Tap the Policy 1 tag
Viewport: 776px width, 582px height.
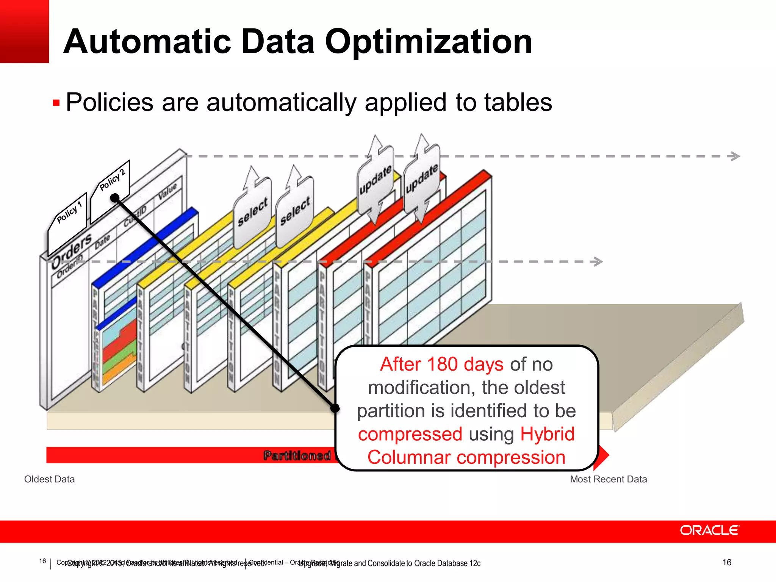[x=69, y=213]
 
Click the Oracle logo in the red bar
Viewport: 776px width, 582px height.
[x=709, y=530]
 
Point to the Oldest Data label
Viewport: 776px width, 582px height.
[x=49, y=479]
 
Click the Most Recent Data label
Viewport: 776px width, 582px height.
[x=608, y=479]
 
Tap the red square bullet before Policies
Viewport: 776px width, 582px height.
[x=56, y=103]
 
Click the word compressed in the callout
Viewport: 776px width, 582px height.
[x=410, y=434]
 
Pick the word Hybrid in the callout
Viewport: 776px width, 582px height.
[x=547, y=434]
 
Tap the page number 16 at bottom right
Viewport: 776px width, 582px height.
[x=726, y=562]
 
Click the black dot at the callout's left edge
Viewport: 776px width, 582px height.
[x=335, y=408]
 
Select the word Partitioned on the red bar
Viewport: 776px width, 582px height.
[x=297, y=455]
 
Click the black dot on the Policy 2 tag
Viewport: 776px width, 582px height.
[x=115, y=198]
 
